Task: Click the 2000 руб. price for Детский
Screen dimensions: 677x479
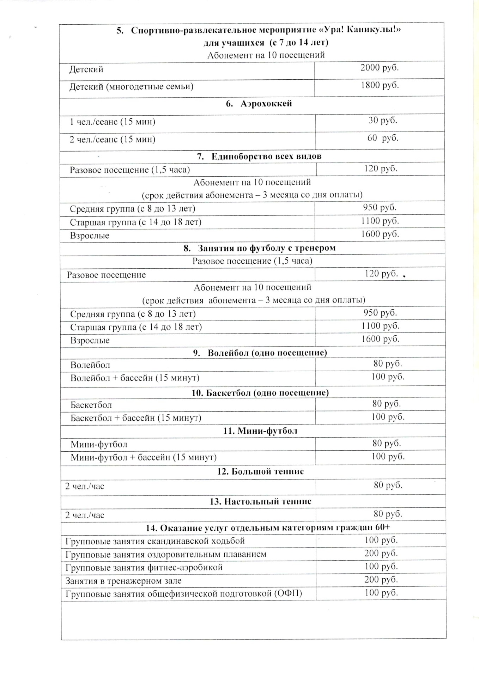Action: tap(380, 68)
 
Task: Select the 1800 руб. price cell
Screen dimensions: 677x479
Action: tap(380, 85)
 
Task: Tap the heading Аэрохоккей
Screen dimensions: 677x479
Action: tap(266, 104)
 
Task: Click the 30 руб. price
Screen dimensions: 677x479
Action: tap(383, 121)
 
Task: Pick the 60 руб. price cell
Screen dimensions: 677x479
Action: tap(383, 138)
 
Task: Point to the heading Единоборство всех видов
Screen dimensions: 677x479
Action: tap(266, 156)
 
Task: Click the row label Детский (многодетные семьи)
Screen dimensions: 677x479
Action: tap(131, 86)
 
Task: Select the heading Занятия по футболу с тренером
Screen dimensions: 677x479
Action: tap(266, 248)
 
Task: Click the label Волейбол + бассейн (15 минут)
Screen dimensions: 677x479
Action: tap(135, 378)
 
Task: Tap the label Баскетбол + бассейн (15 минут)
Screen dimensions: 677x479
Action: tap(136, 418)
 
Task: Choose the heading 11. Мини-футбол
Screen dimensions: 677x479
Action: tap(260, 431)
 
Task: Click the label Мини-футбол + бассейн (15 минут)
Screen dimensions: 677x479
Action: tap(144, 457)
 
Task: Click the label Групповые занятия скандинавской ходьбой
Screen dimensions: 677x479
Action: tap(155, 541)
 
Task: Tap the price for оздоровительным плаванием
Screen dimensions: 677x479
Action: tap(381, 553)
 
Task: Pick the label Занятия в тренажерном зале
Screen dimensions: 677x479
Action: tap(123, 580)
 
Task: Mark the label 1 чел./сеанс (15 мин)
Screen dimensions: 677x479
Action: tap(113, 122)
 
